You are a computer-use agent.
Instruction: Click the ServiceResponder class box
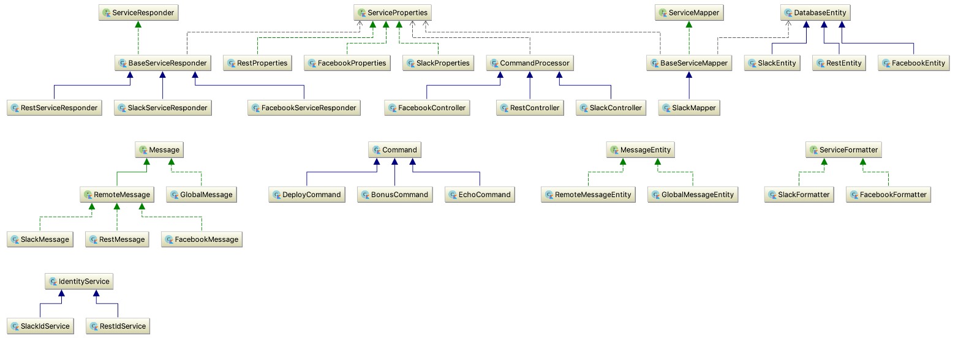[x=138, y=13]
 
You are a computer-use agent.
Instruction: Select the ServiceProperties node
[x=393, y=13]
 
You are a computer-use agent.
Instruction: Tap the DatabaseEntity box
[x=815, y=13]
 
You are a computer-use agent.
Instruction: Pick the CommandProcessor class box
[x=530, y=63]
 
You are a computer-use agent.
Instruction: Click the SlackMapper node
[x=689, y=108]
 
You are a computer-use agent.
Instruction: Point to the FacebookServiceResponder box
[x=304, y=108]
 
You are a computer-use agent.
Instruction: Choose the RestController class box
[x=530, y=108]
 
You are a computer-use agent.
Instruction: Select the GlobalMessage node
[x=202, y=195]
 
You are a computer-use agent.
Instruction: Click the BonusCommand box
[x=394, y=195]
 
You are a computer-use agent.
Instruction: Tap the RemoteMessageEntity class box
[x=588, y=195]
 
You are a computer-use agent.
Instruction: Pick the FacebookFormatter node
[x=888, y=195]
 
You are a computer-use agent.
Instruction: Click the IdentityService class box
[x=79, y=282]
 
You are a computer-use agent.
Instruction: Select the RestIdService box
[x=118, y=326]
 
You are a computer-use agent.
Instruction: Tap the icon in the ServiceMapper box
[x=663, y=13]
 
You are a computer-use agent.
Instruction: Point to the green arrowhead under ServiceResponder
[x=138, y=24]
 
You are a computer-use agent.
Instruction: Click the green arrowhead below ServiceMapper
[x=689, y=24]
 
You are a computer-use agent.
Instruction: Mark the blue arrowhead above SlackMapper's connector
[x=689, y=75]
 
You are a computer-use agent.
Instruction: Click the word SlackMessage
[x=45, y=239]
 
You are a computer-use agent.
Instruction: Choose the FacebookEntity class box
[x=914, y=63]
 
